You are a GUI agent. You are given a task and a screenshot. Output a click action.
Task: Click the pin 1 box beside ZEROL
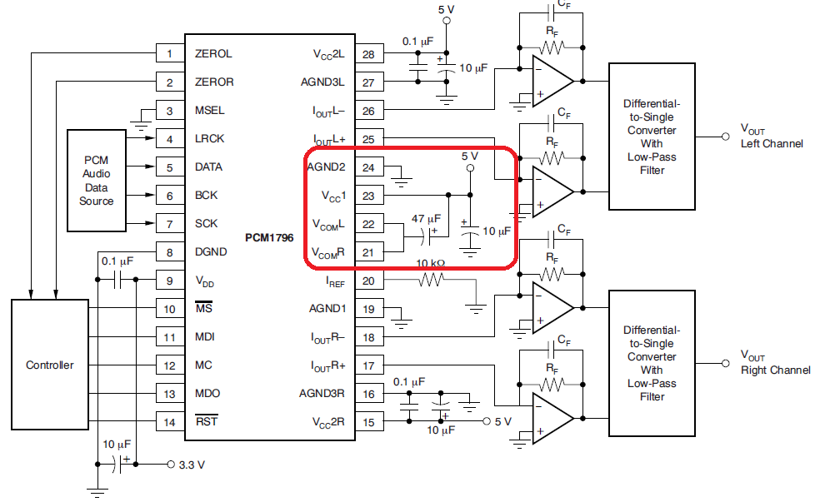coord(169,54)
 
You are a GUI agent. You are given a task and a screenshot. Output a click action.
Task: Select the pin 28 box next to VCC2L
coord(369,54)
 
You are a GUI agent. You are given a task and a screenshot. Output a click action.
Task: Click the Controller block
coord(49,365)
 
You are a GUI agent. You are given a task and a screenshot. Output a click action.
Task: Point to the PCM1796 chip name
coord(267,237)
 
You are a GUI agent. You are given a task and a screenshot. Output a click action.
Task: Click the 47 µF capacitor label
coord(426,219)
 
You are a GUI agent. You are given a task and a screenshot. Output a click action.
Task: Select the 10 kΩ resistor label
coord(431,263)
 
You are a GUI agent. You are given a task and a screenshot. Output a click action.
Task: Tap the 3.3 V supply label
coord(192,465)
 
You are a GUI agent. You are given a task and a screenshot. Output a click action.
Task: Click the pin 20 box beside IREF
coord(369,281)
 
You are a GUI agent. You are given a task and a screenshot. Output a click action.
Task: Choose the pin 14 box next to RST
coord(169,422)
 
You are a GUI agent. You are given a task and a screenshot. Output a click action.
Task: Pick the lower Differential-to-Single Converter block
coord(652,363)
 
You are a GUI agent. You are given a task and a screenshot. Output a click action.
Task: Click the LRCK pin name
coord(209,139)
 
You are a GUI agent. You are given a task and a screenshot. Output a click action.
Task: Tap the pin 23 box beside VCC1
coord(369,196)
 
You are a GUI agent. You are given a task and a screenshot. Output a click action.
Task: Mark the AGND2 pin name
coord(326,167)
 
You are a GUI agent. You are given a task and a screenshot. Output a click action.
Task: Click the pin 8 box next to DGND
coord(169,252)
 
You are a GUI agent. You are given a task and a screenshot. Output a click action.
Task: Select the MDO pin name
coord(207,394)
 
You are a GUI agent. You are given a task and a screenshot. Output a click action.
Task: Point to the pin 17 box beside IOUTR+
coord(369,365)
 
